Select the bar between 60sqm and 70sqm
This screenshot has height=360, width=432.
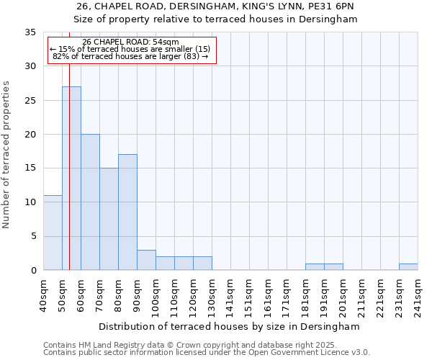click(90, 202)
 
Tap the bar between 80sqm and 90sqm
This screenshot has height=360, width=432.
click(127, 212)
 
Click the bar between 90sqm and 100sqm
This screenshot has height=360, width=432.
click(146, 260)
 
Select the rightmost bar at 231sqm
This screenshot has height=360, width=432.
click(408, 266)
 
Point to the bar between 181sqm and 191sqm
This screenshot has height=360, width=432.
click(315, 266)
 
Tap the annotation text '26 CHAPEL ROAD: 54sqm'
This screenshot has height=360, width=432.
click(130, 42)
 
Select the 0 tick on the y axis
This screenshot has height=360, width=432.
click(33, 271)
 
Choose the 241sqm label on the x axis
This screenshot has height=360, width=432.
click(418, 295)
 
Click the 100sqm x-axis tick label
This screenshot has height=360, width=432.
click(156, 295)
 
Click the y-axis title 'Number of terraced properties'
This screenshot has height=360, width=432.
click(7, 154)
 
